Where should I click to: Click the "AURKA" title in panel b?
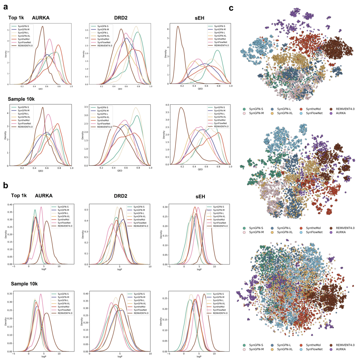coord(44,197)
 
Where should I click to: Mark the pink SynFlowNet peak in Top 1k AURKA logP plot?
coord(41,207)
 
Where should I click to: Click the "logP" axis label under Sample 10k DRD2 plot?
coord(120,356)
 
